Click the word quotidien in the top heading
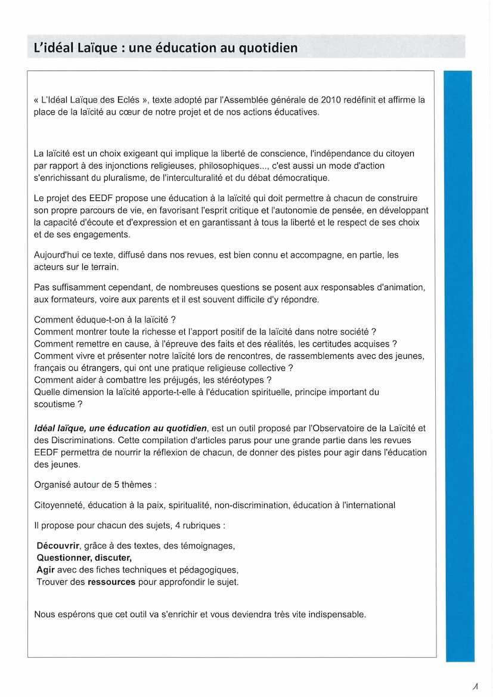[x=265, y=48]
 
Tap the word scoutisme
[x=54, y=404]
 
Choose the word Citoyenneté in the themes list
[x=58, y=505]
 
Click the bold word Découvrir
[x=58, y=546]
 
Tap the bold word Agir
[x=45, y=569]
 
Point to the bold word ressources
[x=111, y=582]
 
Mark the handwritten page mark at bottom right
[x=475, y=686]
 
